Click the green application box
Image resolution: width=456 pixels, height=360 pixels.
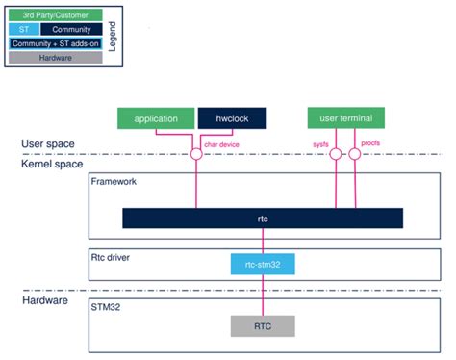(x=156, y=118)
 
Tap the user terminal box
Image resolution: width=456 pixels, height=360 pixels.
(x=345, y=118)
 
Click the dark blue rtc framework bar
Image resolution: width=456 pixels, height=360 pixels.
(x=261, y=219)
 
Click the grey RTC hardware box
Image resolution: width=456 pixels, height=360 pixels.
(x=261, y=326)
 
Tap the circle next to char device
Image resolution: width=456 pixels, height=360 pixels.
(x=196, y=153)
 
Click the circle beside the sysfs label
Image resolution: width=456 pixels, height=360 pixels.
(x=336, y=153)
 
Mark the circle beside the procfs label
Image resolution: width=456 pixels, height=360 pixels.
(x=354, y=153)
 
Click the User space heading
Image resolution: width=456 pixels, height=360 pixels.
(x=49, y=144)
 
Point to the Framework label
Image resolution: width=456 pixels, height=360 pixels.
(x=113, y=181)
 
